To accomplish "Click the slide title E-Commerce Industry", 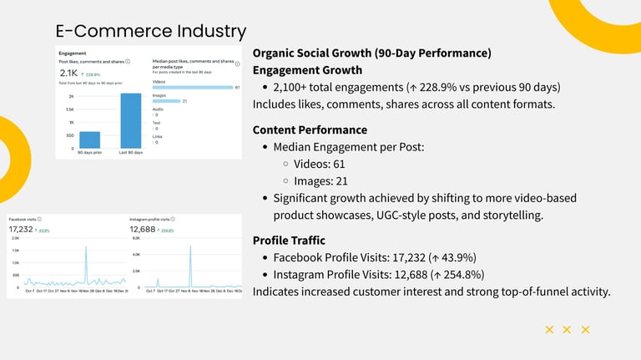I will coord(150,32).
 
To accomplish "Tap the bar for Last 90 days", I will coord(131,120).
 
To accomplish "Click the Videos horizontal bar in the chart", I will coord(192,87).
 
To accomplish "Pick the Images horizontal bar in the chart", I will coord(166,101).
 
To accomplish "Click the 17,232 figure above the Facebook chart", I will coord(21,229).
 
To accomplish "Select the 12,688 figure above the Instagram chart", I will coord(142,230).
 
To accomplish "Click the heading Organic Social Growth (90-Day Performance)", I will coord(371,53).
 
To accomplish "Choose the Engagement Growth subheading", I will coord(307,70).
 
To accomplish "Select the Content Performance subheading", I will coord(310,129).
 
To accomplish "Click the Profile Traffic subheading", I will coord(289,241).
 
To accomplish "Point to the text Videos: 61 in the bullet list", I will coord(320,164).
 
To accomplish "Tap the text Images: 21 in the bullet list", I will coord(320,181).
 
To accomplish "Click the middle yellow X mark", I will coord(567,330).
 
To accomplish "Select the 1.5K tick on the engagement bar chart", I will coord(70,109).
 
